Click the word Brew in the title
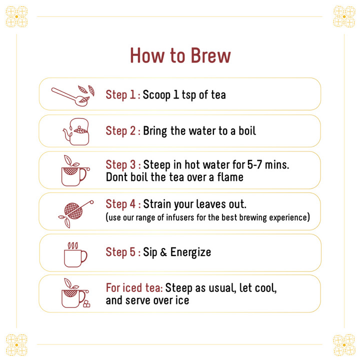(210, 55)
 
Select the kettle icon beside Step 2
(76, 131)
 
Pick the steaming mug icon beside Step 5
(75, 254)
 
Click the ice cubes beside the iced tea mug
(86, 304)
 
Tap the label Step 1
(121, 95)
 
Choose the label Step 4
(121, 204)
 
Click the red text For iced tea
(134, 288)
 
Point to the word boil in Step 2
(247, 131)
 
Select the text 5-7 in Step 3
(254, 164)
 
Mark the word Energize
(190, 252)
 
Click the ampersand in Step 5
(163, 252)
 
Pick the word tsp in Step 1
(189, 95)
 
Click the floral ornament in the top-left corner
(16, 16)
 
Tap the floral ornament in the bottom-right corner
(344, 345)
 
